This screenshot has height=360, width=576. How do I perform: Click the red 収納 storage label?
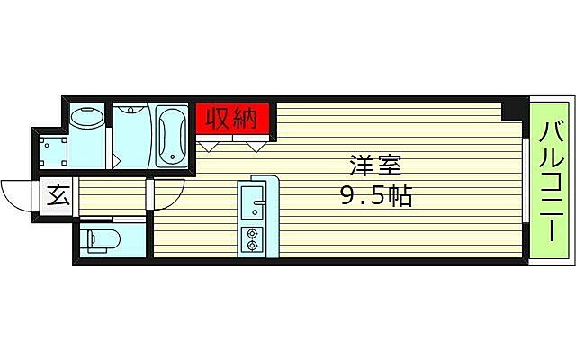click(x=232, y=118)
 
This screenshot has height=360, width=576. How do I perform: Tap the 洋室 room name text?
click(x=375, y=166)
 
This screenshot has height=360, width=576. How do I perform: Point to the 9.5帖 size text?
click(x=375, y=196)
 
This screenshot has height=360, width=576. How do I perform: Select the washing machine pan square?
click(x=50, y=148)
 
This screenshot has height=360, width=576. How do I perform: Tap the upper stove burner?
click(x=251, y=233)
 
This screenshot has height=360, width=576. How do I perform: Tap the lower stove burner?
click(x=251, y=244)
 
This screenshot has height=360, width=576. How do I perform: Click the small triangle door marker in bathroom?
click(x=117, y=162)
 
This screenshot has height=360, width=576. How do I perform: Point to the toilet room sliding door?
click(x=114, y=220)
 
